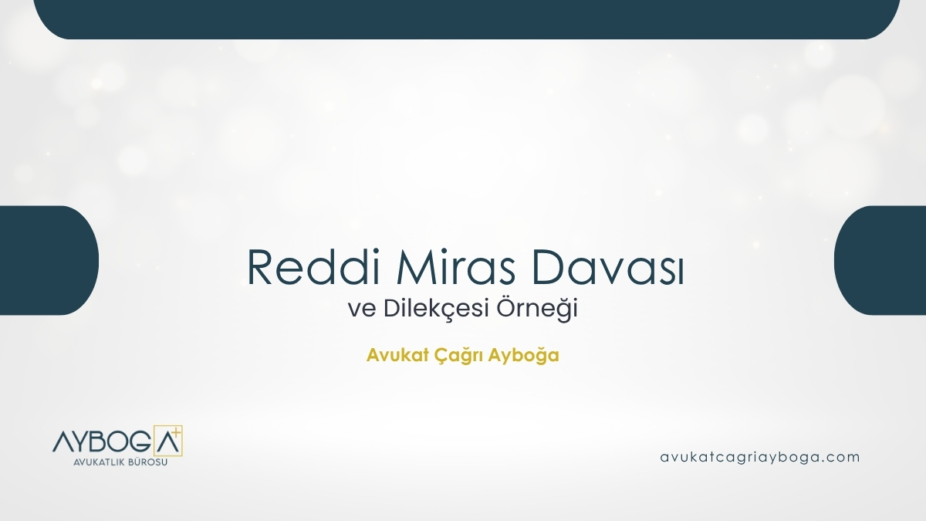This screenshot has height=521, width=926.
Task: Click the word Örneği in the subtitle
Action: pos(544,310)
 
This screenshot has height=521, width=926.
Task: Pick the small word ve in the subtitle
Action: pos(358,310)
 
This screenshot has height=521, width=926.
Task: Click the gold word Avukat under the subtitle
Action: pos(390,357)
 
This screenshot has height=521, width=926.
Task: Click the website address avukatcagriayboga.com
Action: pos(760,457)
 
